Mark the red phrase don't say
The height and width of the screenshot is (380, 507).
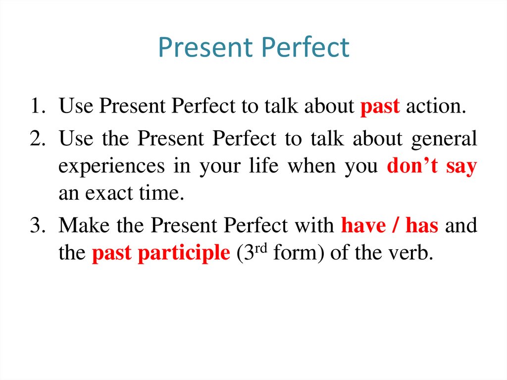coord(432,166)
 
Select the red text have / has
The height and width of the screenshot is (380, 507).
coord(390,225)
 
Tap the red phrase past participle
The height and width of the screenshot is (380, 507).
coord(161,253)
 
